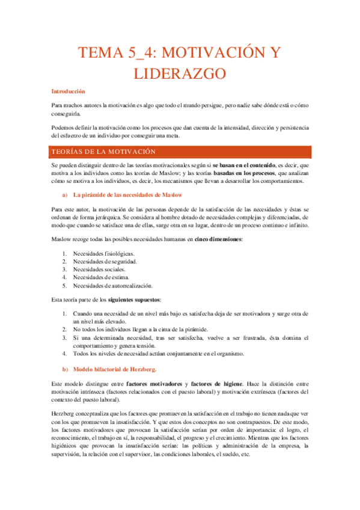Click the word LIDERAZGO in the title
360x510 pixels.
[180, 74]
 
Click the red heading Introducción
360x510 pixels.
[68, 91]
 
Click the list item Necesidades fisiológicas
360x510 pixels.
[103, 253]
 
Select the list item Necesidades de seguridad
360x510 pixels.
[105, 262]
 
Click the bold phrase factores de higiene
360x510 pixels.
[217, 384]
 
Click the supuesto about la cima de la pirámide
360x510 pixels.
[140, 330]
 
